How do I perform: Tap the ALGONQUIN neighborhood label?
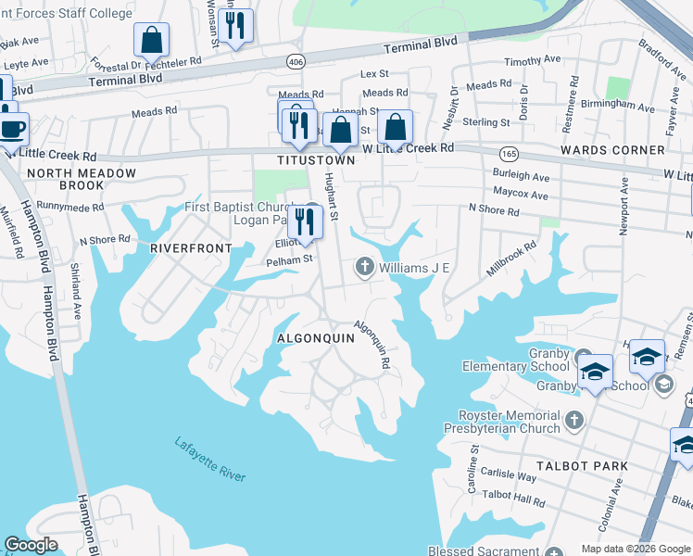[316, 338]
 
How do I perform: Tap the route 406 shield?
[296, 61]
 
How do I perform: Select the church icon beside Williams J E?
[364, 268]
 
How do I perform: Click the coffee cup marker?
[11, 129]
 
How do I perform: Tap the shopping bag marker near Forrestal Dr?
[151, 41]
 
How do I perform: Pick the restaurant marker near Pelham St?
[303, 221]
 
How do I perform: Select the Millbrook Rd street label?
[511, 259]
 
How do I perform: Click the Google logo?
[31, 545]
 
